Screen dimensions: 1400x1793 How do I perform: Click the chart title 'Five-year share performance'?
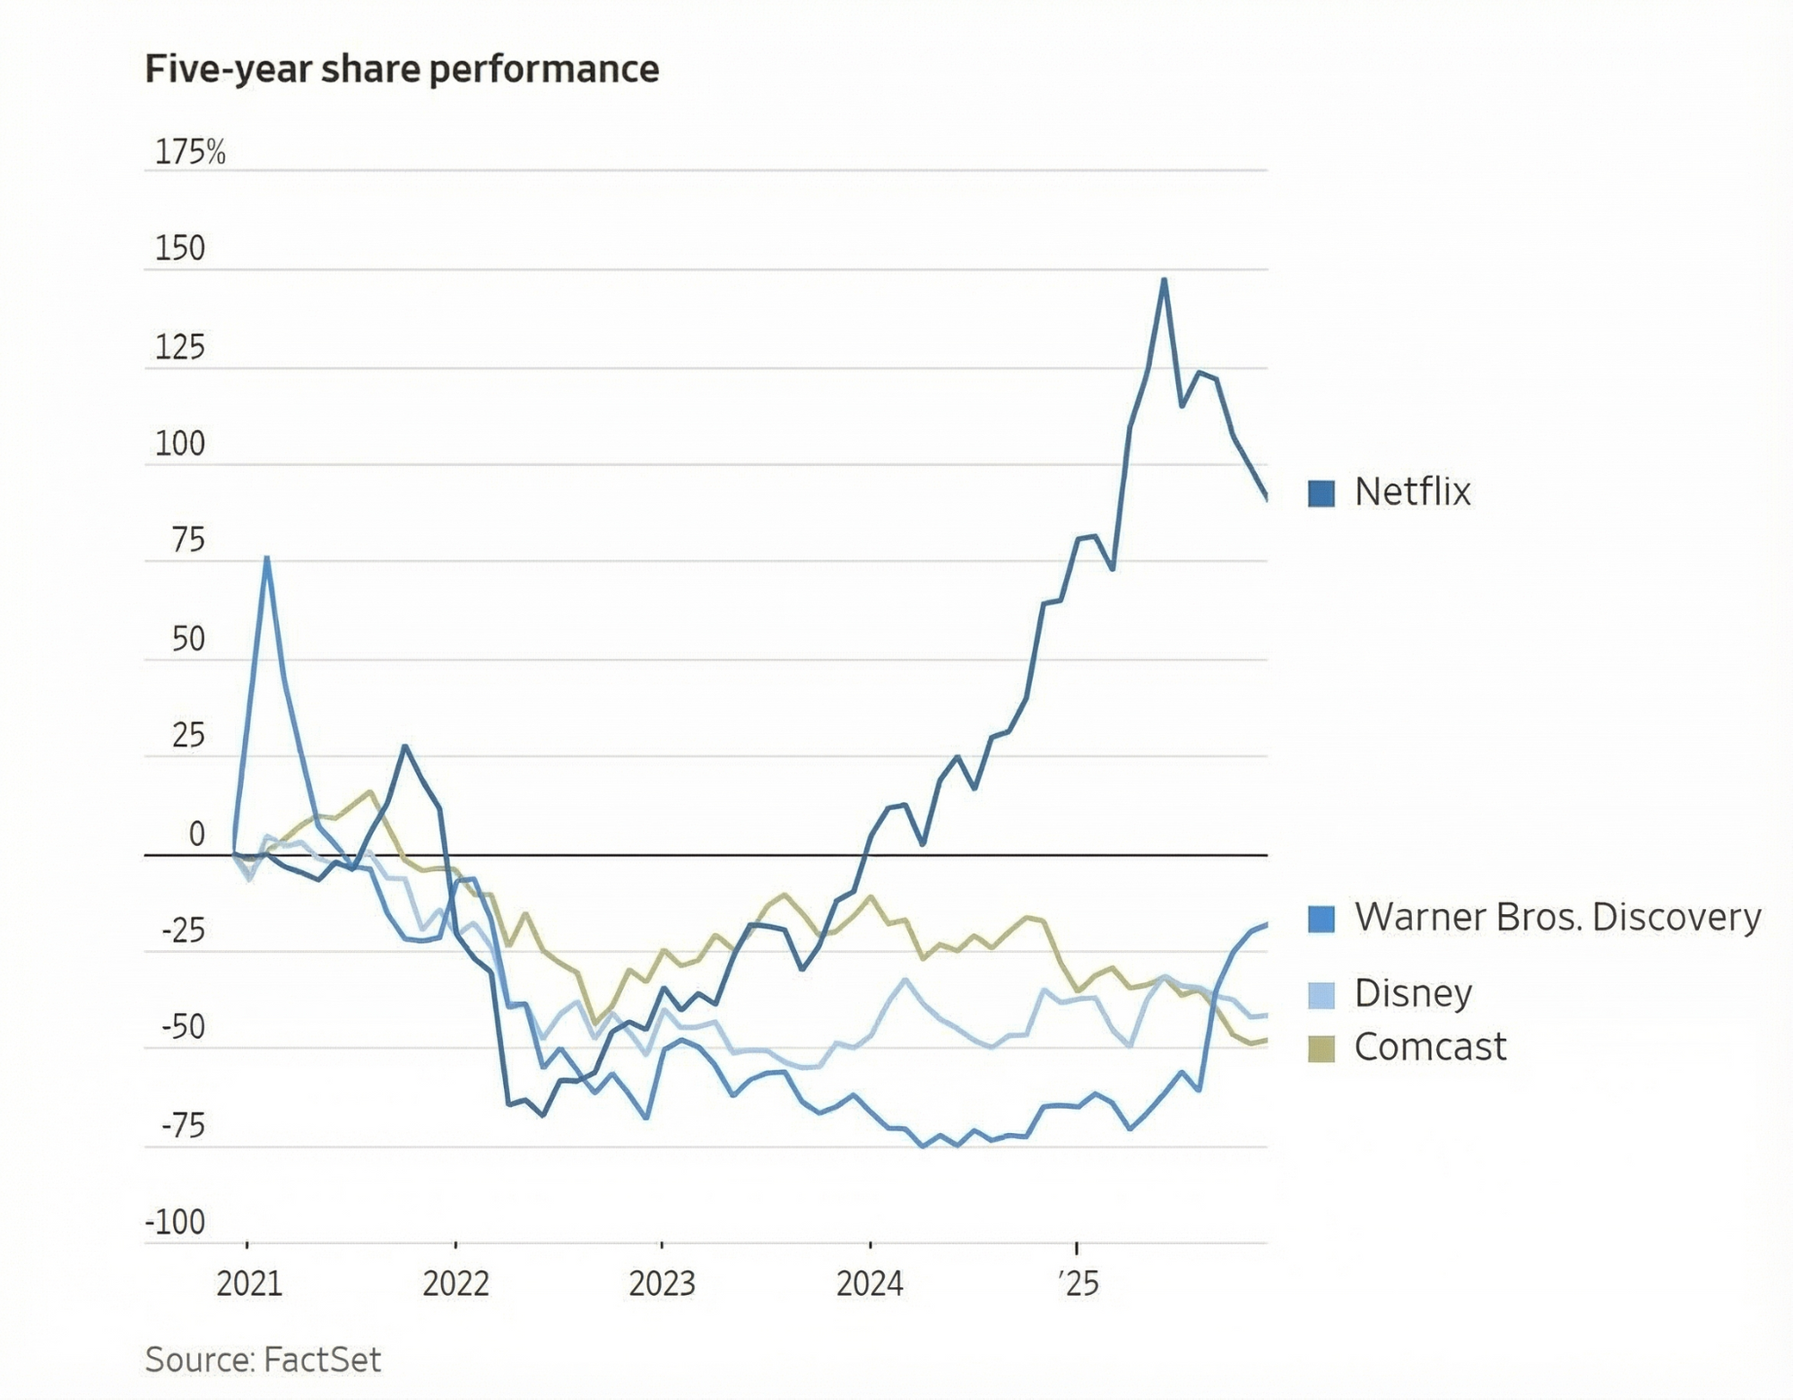point(402,69)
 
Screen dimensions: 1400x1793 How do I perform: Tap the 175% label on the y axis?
point(190,152)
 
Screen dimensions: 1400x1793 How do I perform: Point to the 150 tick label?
point(180,248)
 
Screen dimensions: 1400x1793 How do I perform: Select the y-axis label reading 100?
point(180,444)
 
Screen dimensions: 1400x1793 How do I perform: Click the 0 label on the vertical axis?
point(197,834)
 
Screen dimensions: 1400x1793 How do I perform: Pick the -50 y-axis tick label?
point(184,1027)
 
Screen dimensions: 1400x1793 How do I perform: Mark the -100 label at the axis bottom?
point(176,1222)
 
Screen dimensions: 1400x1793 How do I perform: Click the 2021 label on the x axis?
point(249,1283)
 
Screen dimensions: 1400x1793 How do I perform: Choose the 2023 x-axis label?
point(662,1283)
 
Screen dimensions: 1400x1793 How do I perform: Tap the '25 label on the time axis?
point(1078,1283)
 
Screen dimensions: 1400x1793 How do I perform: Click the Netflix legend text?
point(1412,492)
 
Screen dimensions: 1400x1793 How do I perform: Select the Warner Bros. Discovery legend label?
point(1557,917)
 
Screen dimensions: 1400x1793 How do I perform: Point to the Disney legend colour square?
point(1321,995)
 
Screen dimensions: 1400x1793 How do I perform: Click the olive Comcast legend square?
point(1321,1048)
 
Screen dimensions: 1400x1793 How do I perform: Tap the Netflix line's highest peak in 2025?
point(1164,280)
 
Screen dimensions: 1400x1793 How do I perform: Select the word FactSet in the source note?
point(322,1360)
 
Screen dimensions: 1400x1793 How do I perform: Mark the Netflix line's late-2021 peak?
point(405,746)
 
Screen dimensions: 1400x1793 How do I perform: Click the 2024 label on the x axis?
point(870,1283)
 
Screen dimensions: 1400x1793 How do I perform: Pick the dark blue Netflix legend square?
point(1321,493)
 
